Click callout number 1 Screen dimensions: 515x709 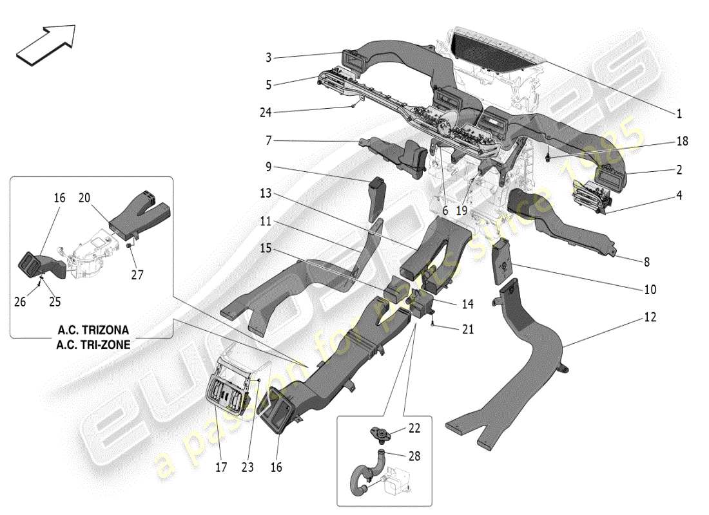click(679, 114)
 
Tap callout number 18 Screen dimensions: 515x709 click(682, 142)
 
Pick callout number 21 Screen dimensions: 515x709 click(467, 330)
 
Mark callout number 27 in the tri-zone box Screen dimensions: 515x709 click(137, 276)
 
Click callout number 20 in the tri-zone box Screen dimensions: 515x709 click(84, 198)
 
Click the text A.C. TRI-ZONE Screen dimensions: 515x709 click(93, 344)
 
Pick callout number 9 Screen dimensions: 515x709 click(269, 167)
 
